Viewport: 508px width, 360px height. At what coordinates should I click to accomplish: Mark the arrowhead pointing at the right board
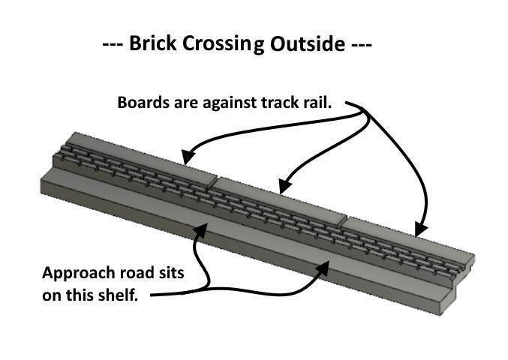click(x=421, y=229)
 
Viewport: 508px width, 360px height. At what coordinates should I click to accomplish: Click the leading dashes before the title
click(x=113, y=43)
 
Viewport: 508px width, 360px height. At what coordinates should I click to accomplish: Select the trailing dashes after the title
click(x=359, y=43)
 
